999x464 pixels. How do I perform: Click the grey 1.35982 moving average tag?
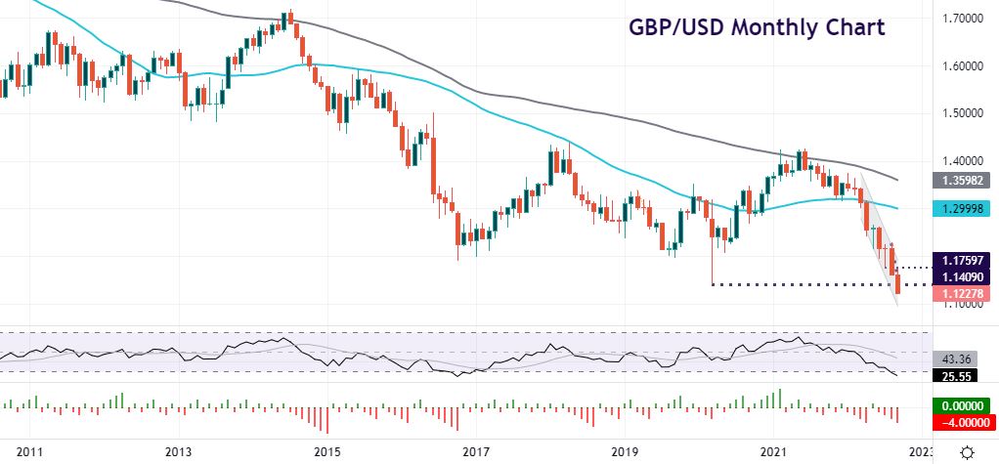pyautogui.click(x=964, y=181)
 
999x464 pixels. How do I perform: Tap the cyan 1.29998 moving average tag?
pyautogui.click(x=964, y=208)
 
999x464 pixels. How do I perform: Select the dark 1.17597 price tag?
pyautogui.click(x=964, y=261)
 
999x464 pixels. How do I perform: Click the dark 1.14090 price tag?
pyautogui.click(x=964, y=276)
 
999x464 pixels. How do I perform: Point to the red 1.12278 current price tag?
pyautogui.click(x=964, y=292)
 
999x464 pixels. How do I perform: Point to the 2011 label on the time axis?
pyautogui.click(x=29, y=452)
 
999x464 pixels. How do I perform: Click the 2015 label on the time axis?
pyautogui.click(x=326, y=452)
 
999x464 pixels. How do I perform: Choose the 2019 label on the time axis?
pyautogui.click(x=624, y=452)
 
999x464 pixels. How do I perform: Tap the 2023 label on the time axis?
pyautogui.click(x=920, y=452)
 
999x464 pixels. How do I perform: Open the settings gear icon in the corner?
pyautogui.click(x=967, y=451)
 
